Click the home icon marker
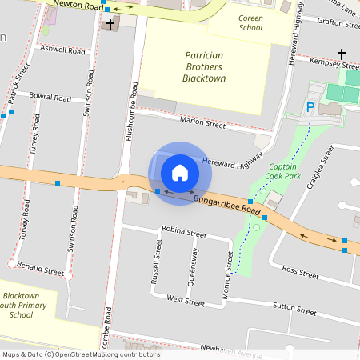click(x=180, y=172)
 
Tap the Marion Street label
click(x=203, y=123)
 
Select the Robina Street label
click(x=183, y=232)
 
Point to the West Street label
click(x=186, y=301)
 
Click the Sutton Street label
click(x=295, y=306)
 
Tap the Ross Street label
click(x=300, y=272)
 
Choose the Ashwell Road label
click(x=62, y=50)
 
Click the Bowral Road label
click(x=50, y=97)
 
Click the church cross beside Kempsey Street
click(x=342, y=54)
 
